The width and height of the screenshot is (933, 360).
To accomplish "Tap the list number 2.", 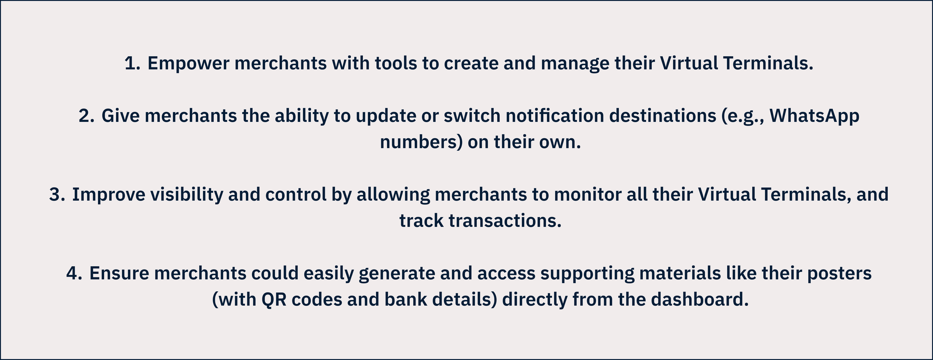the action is [x=87, y=116].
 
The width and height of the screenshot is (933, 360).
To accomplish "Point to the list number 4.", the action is [x=74, y=273].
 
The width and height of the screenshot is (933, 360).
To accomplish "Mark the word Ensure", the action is [x=119, y=273].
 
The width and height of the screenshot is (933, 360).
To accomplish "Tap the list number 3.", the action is [x=57, y=195].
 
